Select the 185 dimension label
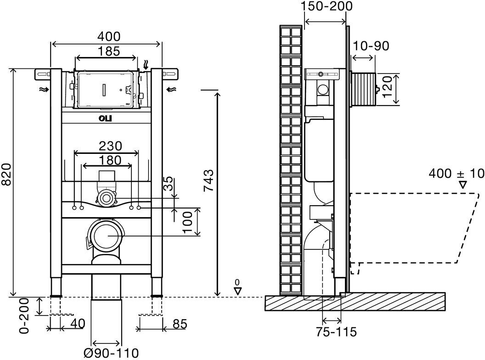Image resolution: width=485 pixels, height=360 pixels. point(107,51)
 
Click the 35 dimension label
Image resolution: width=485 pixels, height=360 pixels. point(169,185)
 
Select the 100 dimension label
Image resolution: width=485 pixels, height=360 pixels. point(187,221)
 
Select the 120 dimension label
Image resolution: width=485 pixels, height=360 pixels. point(388,88)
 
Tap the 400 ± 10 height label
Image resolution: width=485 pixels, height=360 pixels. point(457,174)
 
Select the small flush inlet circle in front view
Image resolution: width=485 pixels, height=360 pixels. point(107,198)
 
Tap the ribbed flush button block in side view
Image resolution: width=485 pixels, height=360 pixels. point(364,88)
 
